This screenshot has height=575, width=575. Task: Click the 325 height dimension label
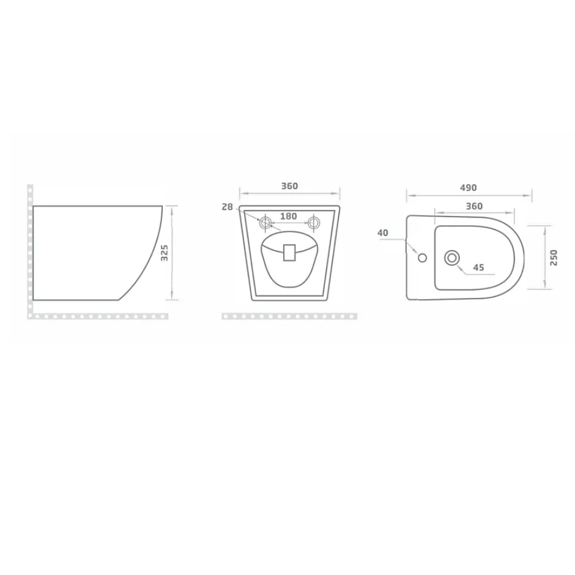(x=165, y=253)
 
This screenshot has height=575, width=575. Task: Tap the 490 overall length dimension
(x=469, y=188)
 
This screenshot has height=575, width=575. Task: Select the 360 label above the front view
(x=289, y=186)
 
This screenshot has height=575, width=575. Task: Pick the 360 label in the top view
(x=474, y=206)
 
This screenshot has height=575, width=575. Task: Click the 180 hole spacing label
(x=288, y=217)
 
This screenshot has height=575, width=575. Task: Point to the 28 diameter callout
(x=227, y=207)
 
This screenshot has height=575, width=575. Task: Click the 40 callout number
(x=382, y=233)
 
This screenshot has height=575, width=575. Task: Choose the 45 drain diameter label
(x=478, y=267)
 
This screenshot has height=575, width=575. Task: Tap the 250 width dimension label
(x=554, y=258)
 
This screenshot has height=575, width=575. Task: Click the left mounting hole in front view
(x=265, y=223)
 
